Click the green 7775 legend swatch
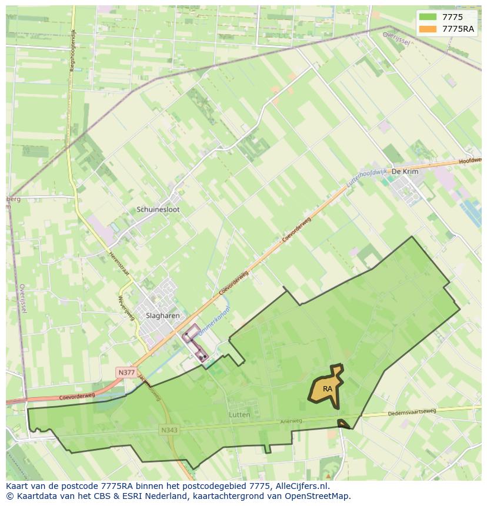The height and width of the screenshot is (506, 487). click(x=428, y=17)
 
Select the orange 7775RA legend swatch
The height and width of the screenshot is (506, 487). click(x=428, y=29)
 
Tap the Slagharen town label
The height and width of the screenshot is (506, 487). click(x=162, y=316)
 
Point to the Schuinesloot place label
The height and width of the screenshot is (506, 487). click(x=158, y=209)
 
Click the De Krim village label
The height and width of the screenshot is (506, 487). click(x=405, y=171)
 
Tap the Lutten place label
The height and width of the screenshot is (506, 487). click(x=239, y=415)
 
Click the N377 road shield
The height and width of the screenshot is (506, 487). click(x=126, y=373)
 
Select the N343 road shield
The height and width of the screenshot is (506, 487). click(x=169, y=430)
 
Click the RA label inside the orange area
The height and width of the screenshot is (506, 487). click(x=328, y=389)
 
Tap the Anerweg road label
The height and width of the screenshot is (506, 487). click(x=291, y=421)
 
